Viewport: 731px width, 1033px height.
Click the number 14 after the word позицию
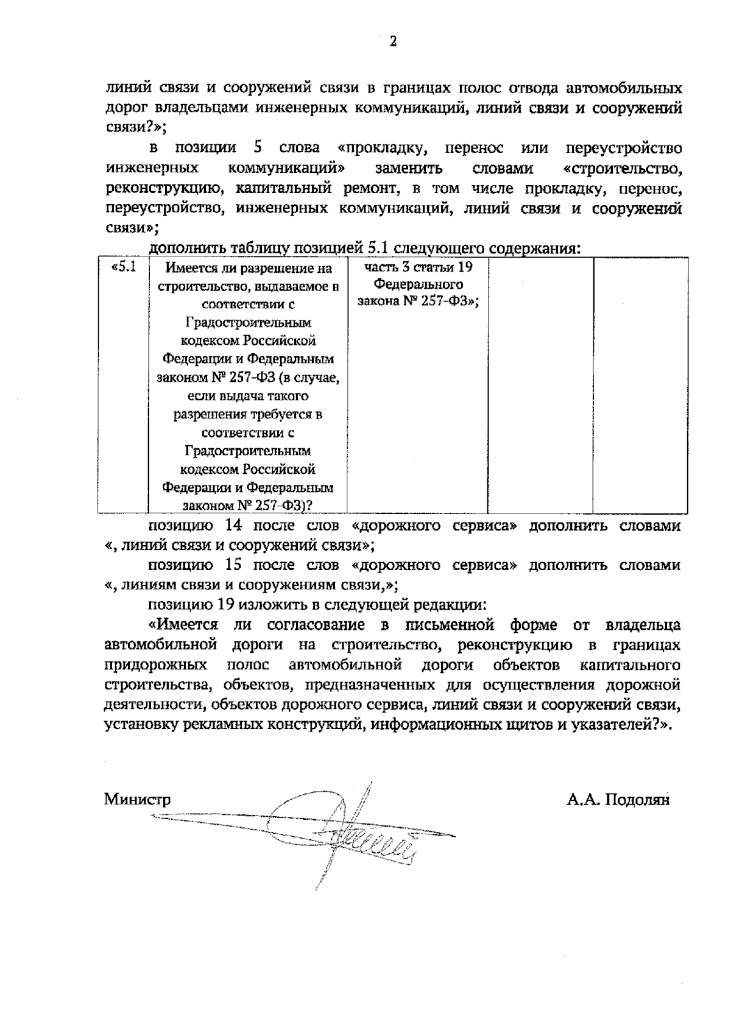235,526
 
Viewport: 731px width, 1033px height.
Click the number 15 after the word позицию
235,565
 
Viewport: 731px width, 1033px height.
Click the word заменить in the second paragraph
409,168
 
